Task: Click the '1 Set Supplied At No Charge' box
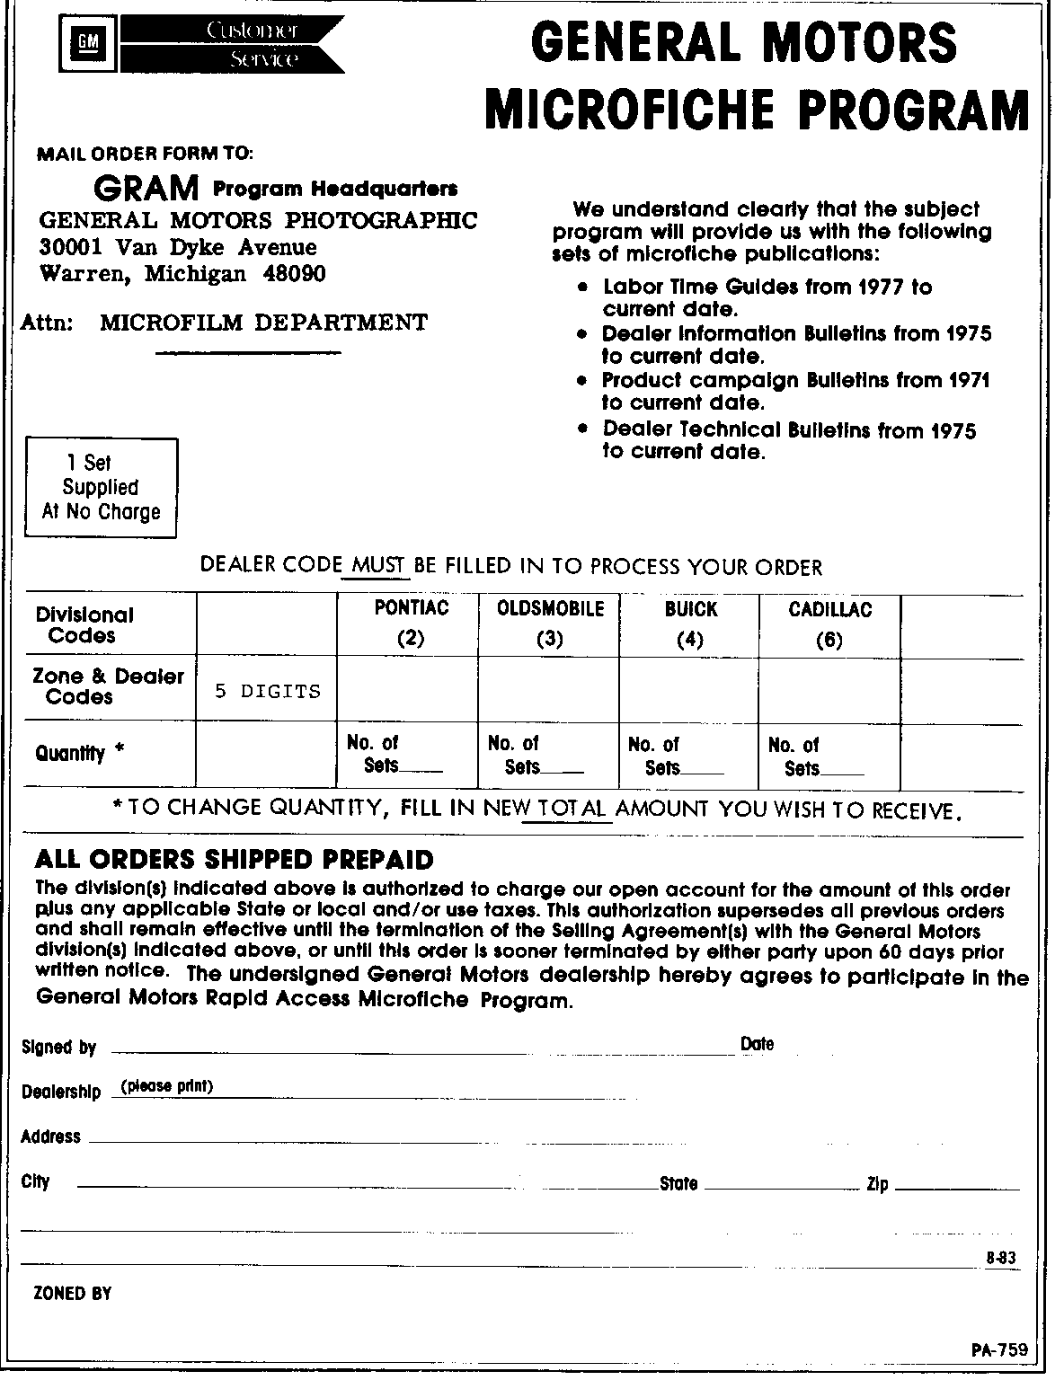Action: point(101,488)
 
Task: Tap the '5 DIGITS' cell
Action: point(267,691)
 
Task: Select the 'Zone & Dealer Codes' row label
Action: point(108,686)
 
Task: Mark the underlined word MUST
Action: point(377,566)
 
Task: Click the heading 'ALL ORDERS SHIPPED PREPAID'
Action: point(234,860)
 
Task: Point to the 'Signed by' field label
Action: point(58,1048)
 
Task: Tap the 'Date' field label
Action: point(757,1044)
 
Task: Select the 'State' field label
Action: point(678,1184)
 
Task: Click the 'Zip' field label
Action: point(877,1184)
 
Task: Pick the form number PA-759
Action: point(997,1350)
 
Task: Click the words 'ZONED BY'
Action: point(72,1294)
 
